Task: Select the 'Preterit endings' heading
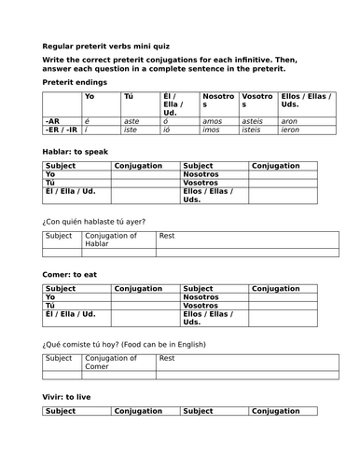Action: tap(75, 82)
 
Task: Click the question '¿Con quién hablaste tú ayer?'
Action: tap(94, 221)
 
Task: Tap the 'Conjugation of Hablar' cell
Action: tap(110, 240)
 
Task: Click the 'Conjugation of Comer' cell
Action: tap(110, 362)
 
